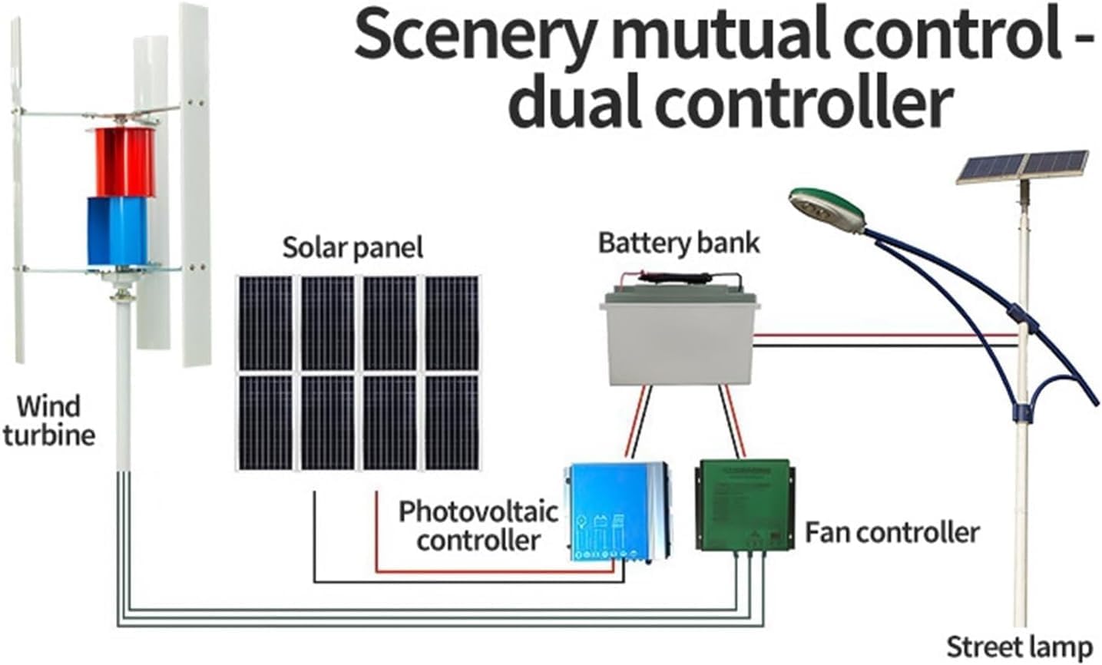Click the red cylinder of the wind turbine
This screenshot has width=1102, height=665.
point(121,162)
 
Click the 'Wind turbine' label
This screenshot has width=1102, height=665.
point(48,420)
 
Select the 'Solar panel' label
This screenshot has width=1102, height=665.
point(352,247)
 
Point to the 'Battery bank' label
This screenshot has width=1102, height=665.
point(678,243)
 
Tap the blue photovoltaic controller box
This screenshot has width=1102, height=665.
point(617,511)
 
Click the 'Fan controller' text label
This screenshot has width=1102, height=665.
point(892,532)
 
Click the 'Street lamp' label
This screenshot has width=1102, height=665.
point(1018,647)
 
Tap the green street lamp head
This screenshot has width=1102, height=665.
point(826,208)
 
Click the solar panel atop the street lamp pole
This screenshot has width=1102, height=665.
point(1022,167)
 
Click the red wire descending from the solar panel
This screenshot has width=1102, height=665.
point(376,530)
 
